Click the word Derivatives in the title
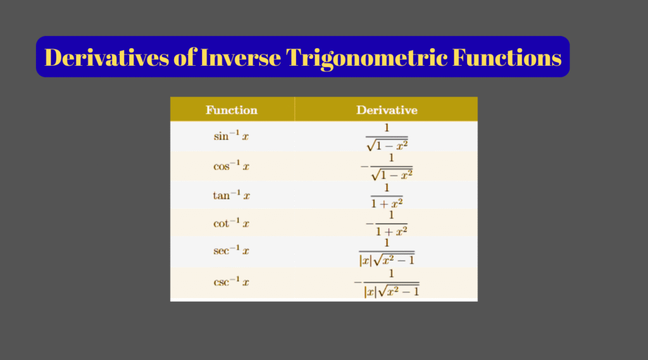(x=106, y=58)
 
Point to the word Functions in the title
(x=504, y=58)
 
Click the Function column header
(x=232, y=110)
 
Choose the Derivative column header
(x=387, y=110)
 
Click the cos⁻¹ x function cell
(x=232, y=166)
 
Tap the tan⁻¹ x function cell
(x=232, y=196)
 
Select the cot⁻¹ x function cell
(x=232, y=224)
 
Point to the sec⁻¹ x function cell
(x=232, y=251)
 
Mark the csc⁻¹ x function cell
(x=232, y=282)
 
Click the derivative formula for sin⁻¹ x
(x=387, y=137)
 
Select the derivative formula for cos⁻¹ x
(x=387, y=166)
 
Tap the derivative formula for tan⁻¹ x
(x=387, y=196)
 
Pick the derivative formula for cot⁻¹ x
(x=387, y=224)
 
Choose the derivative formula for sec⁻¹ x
(x=387, y=252)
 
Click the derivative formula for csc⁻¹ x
(x=387, y=282)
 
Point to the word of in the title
(x=184, y=58)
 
